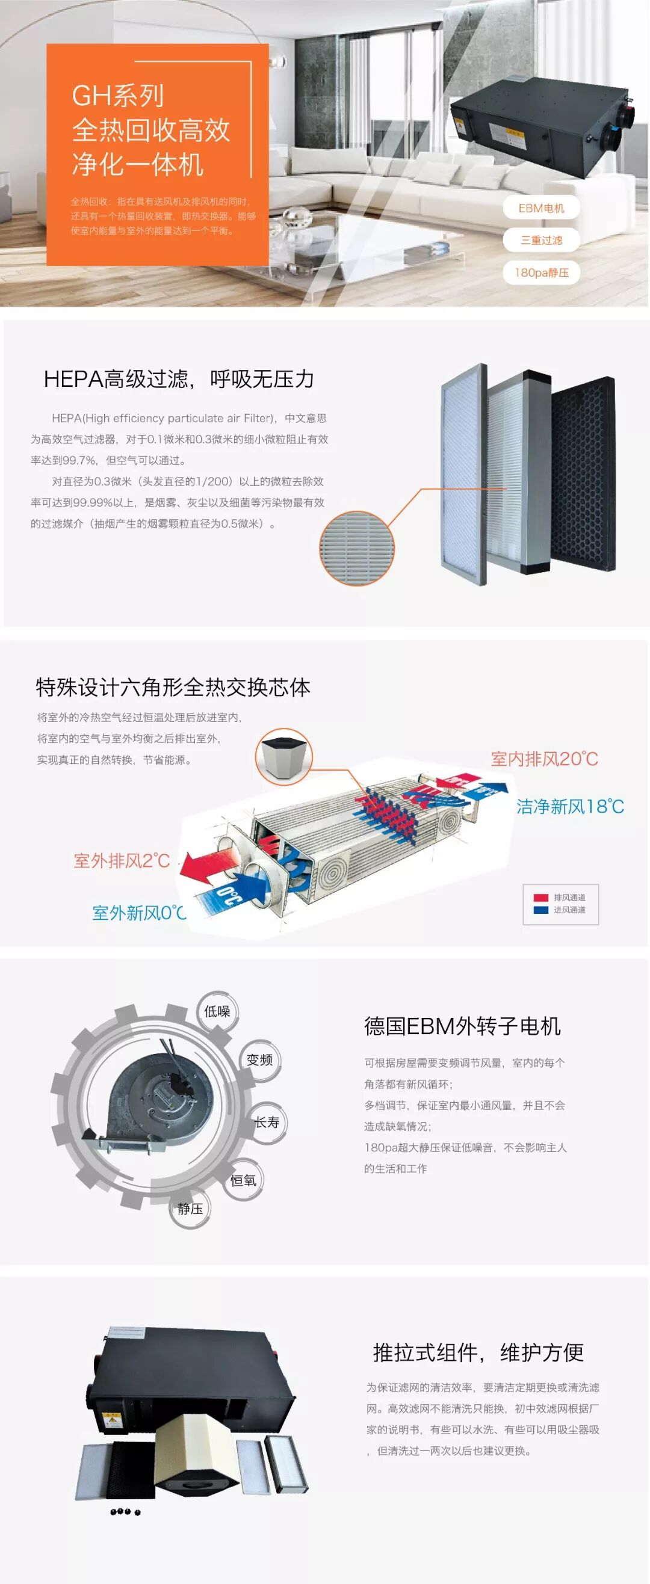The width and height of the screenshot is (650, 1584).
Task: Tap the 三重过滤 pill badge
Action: pos(541,241)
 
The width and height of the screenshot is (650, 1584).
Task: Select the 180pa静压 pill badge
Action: pos(541,273)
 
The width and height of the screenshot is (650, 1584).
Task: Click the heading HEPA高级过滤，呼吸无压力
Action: pos(178,380)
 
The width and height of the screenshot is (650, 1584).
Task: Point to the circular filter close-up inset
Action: pos(357,548)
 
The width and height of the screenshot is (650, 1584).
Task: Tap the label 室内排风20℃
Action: pos(544,759)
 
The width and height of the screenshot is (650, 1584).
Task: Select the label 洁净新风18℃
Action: pos(570,806)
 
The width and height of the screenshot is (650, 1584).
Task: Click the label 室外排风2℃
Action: pos(122,860)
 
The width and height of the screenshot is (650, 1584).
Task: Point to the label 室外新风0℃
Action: pos(138,913)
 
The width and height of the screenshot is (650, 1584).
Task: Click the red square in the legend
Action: pos(540,898)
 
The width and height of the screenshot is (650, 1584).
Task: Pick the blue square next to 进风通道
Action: pos(540,910)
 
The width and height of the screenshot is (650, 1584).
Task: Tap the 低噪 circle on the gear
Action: pos(217,1011)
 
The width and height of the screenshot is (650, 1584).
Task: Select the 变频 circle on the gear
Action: pos(259,1059)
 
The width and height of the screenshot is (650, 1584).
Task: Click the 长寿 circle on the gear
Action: pos(267,1122)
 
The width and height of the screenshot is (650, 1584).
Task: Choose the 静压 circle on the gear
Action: pos(190,1209)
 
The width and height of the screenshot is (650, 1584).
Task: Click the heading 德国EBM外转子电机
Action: pos(462,1026)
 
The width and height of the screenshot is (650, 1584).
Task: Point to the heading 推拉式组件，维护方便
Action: pos(478,1352)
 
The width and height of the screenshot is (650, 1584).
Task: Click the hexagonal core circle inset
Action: pos(283,756)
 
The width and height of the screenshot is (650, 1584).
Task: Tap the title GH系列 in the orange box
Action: pos(117,95)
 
